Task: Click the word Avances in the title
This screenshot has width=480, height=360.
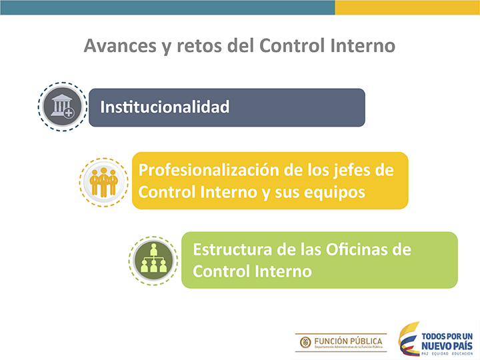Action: pos(120,46)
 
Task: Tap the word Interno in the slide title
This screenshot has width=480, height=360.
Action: pos(363,45)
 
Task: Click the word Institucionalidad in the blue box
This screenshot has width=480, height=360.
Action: pos(165,107)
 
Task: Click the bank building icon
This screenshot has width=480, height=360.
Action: pos(62,106)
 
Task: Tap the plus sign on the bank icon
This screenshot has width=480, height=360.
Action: pos(69,113)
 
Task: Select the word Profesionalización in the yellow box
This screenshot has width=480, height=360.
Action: pos(209,170)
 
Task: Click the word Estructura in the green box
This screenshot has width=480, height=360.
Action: pos(233,249)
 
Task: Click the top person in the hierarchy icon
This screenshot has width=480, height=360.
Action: pos(153,249)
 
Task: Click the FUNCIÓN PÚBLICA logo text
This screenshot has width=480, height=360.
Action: pos(348,341)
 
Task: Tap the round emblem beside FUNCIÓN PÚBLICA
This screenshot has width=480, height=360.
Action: pos(305,342)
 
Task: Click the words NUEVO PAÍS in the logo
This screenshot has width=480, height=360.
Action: pos(447,346)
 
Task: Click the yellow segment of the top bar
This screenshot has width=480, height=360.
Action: pos(407,7)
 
